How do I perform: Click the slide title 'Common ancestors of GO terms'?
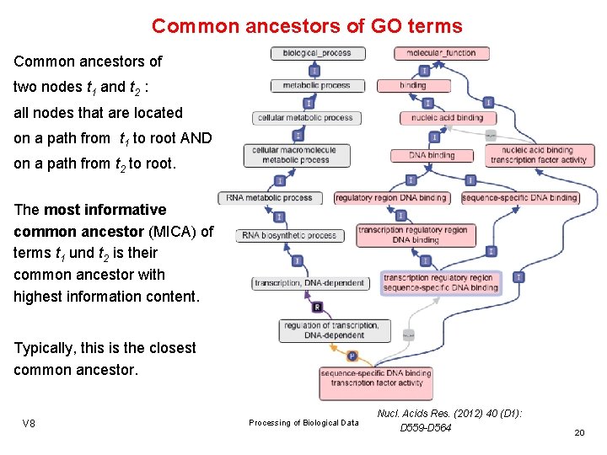point(307,26)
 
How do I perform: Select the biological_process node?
point(317,53)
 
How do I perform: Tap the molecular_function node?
point(441,53)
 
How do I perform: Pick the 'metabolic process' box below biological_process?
point(316,86)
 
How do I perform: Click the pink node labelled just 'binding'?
point(412,86)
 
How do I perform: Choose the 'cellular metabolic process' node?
point(305,118)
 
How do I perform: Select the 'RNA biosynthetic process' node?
point(289,235)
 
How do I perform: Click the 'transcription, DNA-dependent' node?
point(310,283)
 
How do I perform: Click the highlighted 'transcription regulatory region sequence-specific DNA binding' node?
point(440,283)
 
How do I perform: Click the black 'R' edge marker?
point(317,306)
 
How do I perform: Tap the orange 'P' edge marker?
point(352,356)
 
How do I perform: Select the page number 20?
point(579,432)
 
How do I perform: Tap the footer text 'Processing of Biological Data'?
point(303,423)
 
